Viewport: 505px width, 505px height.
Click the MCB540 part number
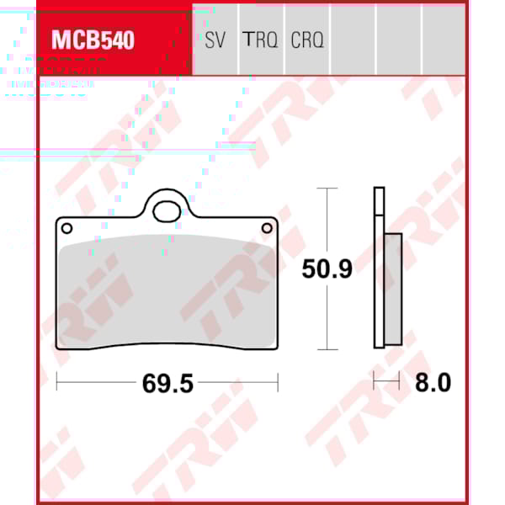point(93,40)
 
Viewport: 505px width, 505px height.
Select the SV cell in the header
point(215,40)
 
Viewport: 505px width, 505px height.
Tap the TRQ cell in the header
point(260,40)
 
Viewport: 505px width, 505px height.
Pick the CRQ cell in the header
point(307,40)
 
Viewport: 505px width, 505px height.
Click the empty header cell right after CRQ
point(353,40)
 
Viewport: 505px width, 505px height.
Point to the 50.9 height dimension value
point(327,269)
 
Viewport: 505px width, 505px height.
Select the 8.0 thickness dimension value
point(433,383)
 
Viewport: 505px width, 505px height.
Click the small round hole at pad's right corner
point(268,227)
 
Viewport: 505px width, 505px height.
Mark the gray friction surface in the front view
point(167,290)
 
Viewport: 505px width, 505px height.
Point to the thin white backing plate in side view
point(379,269)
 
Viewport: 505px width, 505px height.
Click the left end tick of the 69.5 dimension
point(56,383)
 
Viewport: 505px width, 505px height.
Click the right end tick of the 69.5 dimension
point(278,383)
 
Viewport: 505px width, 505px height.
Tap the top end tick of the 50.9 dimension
point(326,189)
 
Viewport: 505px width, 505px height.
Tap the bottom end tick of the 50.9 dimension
point(326,349)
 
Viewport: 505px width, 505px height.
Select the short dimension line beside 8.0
point(386,383)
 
